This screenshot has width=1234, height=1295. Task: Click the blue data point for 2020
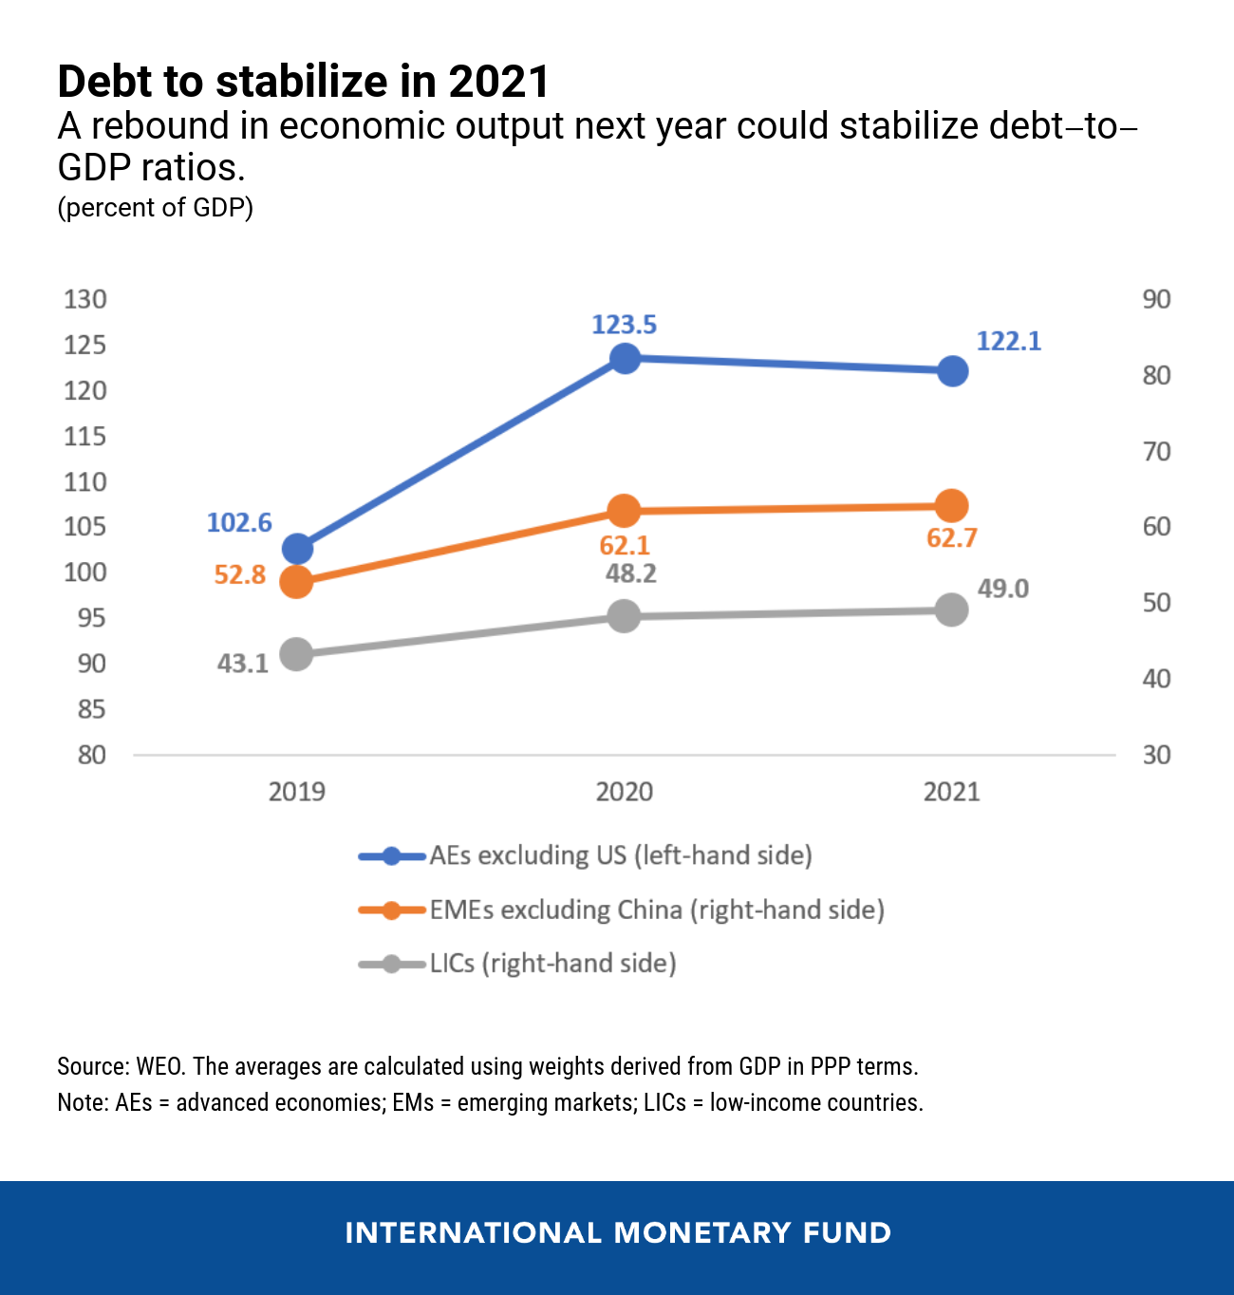click(x=624, y=358)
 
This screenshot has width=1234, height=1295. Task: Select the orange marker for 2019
click(x=297, y=581)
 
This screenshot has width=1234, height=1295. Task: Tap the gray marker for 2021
click(x=951, y=610)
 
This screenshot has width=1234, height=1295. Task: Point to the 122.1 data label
click(x=1008, y=341)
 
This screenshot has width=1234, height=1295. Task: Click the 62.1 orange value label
click(x=624, y=546)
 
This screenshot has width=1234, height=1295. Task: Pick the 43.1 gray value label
click(x=243, y=663)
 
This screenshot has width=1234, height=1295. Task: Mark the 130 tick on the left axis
click(x=84, y=299)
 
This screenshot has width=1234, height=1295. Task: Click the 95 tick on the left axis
click(x=91, y=618)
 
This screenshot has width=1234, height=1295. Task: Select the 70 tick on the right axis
click(x=1156, y=451)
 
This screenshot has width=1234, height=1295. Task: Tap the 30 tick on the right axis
click(x=1156, y=755)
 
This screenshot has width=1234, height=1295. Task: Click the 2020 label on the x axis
click(x=624, y=792)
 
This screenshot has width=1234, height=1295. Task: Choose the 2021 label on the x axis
click(x=951, y=792)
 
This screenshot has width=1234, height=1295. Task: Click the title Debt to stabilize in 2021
click(x=303, y=82)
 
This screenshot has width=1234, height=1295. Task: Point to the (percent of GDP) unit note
click(x=155, y=207)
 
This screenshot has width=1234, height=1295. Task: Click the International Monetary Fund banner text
click(x=618, y=1232)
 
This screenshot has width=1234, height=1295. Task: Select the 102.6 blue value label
click(x=239, y=523)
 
